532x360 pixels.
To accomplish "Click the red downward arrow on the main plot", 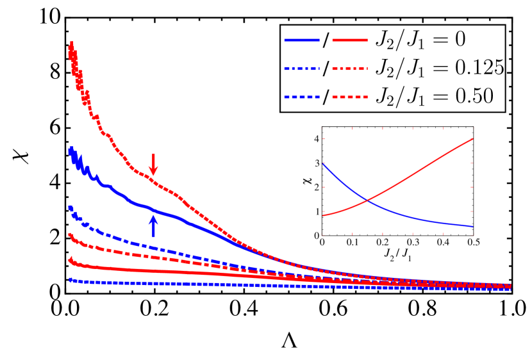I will pos(153,164).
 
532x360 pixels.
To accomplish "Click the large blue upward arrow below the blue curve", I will pos(153,225).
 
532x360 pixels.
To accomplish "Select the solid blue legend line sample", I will pos(302,40).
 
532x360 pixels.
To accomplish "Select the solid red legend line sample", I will pos(350,40).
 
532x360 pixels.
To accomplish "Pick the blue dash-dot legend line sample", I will pos(302,68).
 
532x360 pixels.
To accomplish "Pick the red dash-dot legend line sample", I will pos(350,68).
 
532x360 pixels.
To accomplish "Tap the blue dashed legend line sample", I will pos(302,97).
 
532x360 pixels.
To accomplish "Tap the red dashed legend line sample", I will pos(350,97).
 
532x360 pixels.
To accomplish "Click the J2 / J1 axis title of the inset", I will pos(397,255).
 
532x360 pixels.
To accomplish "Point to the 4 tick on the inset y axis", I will pos(316,139).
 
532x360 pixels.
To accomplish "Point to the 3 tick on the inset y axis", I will pos(316,163).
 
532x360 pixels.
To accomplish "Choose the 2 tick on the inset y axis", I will pos(316,187).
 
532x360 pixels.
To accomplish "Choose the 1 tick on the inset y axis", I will pos(316,211).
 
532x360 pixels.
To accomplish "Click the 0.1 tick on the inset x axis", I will pos(352,243).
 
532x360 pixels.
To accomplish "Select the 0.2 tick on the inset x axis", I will pos(382,243).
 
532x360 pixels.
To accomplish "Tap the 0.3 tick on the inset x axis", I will pos(412,243).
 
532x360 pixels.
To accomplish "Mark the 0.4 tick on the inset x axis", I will pos(442,243).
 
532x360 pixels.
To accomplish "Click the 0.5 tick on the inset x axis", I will pos(472,243).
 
